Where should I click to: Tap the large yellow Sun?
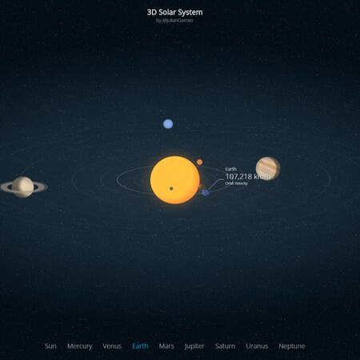click(x=175, y=179)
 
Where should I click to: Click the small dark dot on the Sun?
click(x=171, y=189)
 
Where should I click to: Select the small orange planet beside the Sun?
click(x=199, y=162)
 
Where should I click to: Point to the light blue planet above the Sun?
click(x=168, y=124)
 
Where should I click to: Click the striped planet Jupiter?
click(x=267, y=168)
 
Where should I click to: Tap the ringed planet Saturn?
click(x=22, y=187)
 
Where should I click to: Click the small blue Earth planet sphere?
click(x=206, y=192)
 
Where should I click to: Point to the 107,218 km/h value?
click(x=247, y=177)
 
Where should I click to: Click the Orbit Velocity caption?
click(x=237, y=184)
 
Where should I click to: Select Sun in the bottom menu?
click(x=50, y=346)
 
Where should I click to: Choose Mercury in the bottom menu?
click(x=80, y=346)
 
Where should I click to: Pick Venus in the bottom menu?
click(x=112, y=346)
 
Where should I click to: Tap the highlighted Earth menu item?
click(x=140, y=346)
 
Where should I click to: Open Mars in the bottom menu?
click(x=166, y=346)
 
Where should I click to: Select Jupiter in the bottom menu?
click(x=194, y=346)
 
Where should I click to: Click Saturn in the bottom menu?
click(x=225, y=346)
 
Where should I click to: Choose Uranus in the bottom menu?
click(x=257, y=346)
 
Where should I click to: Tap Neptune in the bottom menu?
click(x=292, y=346)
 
